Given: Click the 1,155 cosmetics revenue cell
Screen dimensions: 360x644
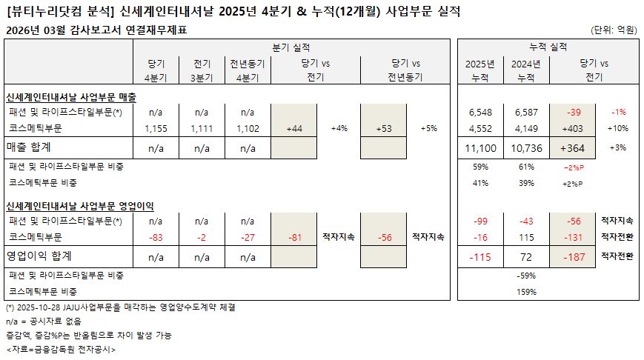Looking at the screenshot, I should [156, 128].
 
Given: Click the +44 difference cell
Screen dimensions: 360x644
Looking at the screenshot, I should [293, 128].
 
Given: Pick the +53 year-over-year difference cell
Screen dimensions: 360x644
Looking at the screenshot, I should [383, 128].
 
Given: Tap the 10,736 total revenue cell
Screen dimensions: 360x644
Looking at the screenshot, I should [526, 148].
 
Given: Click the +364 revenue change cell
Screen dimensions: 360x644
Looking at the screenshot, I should [573, 148].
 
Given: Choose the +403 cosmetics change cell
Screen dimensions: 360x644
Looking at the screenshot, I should [573, 128].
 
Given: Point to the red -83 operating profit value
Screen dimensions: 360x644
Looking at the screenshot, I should [156, 237].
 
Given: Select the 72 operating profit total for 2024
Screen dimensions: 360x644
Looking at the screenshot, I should [526, 256].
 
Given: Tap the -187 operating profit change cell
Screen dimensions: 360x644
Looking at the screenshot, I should [573, 256].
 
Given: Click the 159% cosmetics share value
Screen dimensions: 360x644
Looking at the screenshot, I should [526, 292].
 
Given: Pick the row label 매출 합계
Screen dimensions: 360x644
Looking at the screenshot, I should [29, 148].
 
